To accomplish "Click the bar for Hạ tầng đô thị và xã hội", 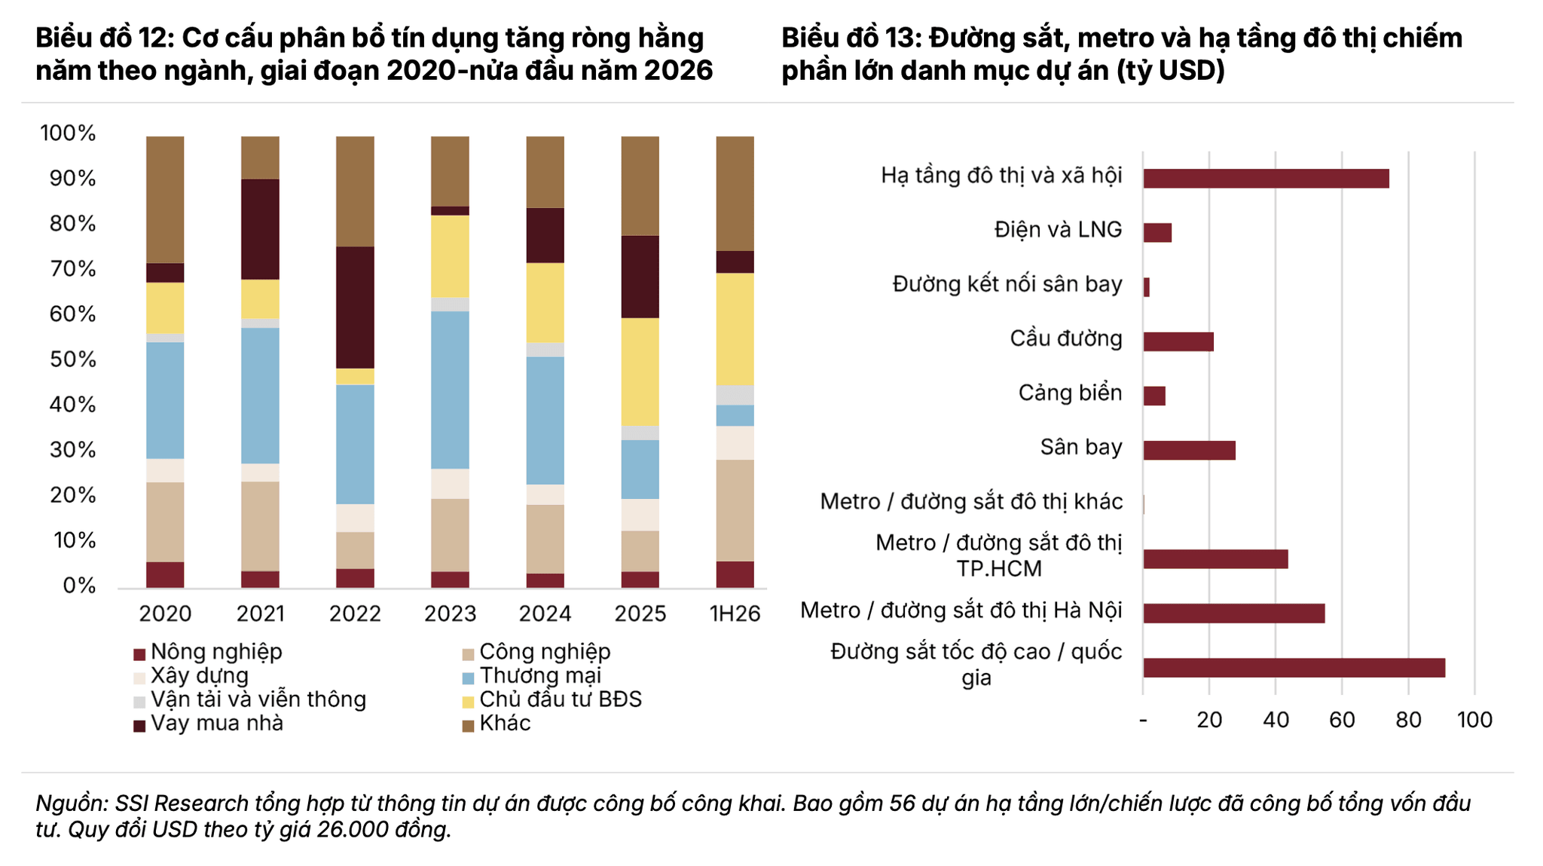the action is point(1266,179).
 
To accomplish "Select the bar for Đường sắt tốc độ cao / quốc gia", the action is point(1294,668).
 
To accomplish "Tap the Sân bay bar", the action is point(1190,450).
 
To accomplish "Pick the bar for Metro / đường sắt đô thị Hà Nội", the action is point(1234,614).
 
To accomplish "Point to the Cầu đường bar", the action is point(1178,341).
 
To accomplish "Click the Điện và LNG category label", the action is point(1058,230).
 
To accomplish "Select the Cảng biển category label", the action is point(1070,393).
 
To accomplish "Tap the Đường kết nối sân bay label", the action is point(1007,285).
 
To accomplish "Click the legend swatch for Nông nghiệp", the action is point(139,654).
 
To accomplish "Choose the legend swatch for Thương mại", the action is point(468,678).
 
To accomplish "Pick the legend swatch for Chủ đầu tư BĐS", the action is point(468,702).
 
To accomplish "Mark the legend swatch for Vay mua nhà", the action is point(139,726).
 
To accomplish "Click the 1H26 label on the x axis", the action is point(735,614).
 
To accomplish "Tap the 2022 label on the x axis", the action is point(355,614).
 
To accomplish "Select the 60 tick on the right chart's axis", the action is point(1342,720).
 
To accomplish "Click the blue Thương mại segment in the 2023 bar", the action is point(450,390).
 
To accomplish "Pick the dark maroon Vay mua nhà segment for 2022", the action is point(355,308).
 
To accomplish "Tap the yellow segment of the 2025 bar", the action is point(640,372).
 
